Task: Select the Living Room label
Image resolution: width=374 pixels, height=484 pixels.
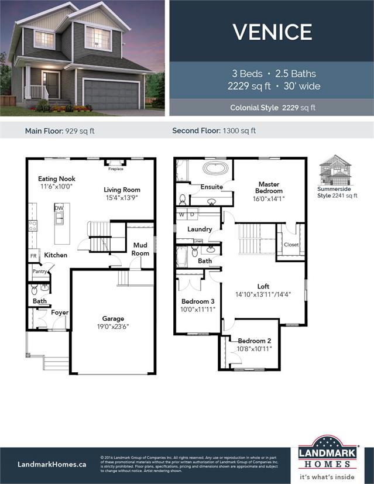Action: (x=122, y=193)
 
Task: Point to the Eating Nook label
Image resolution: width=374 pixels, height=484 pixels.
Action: (x=57, y=183)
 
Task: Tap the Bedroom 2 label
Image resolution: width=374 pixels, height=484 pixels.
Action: (x=255, y=345)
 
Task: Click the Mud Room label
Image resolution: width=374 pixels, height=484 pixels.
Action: (x=140, y=249)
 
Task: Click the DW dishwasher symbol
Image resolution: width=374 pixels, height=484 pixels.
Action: (x=59, y=208)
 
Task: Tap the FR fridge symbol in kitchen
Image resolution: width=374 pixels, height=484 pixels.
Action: (x=33, y=256)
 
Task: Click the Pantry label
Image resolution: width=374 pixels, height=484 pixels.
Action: (x=40, y=272)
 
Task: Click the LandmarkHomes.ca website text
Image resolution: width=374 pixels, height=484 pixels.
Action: (x=52, y=464)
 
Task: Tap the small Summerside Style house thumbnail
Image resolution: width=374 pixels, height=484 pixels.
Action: (x=332, y=170)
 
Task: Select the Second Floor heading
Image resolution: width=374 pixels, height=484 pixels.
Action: (x=214, y=131)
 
